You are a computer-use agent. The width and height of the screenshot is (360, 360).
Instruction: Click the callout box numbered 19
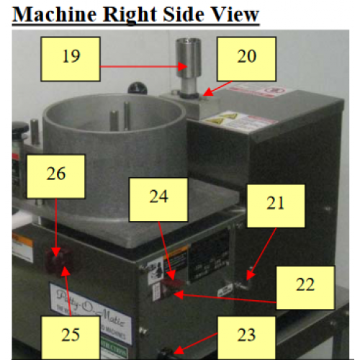(71, 56)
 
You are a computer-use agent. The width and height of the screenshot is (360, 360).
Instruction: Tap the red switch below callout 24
(172, 286)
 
